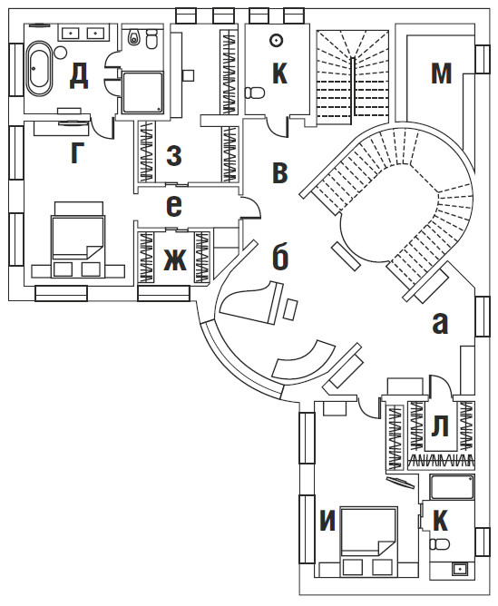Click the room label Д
[x=79, y=76]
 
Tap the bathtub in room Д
[x=39, y=68]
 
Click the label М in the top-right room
[x=441, y=73]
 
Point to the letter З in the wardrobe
[x=174, y=156]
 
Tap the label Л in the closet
[x=440, y=425]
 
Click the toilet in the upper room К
[x=255, y=93]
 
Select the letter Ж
[x=174, y=259]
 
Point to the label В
[x=279, y=172]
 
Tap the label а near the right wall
[x=440, y=324]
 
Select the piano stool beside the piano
[x=292, y=309]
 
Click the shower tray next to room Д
[x=142, y=92]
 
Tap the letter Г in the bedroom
[x=77, y=152]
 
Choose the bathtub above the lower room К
[x=452, y=486]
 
